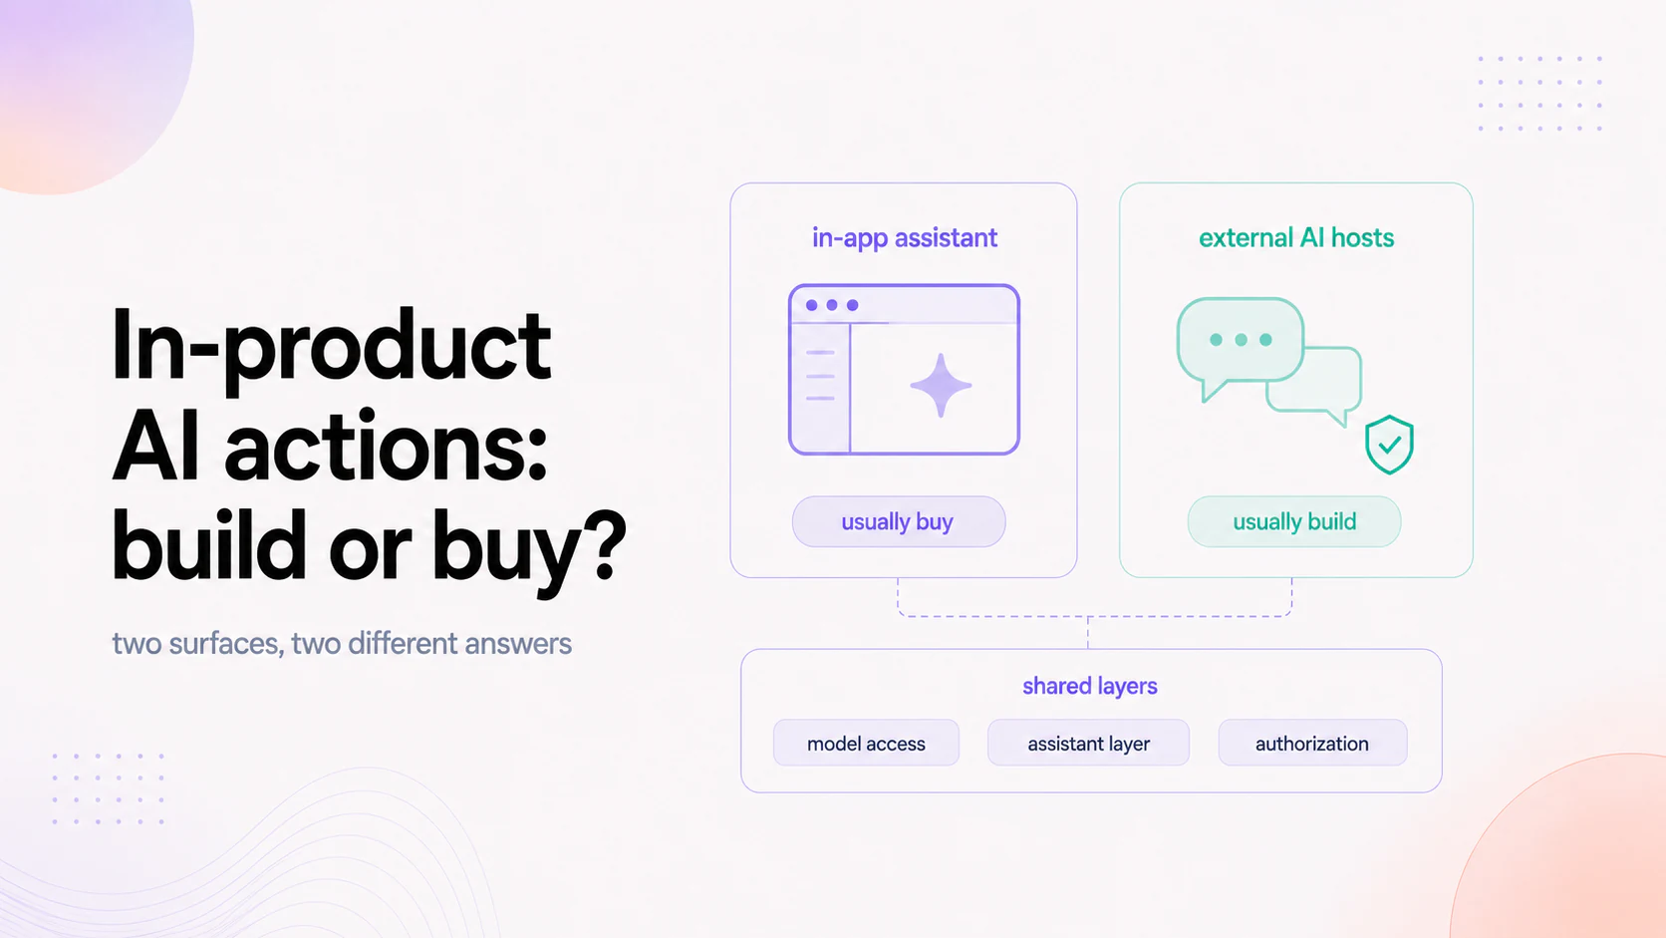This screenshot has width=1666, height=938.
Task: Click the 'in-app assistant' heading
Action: [x=905, y=238]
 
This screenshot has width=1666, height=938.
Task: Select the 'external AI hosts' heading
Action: [x=1295, y=238]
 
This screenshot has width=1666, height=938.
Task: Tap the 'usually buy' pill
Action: [x=899, y=521]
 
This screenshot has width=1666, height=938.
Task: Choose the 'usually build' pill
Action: [x=1294, y=521]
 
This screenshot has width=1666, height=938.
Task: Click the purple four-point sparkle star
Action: [x=941, y=386]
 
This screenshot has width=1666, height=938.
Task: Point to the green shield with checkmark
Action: [x=1389, y=445]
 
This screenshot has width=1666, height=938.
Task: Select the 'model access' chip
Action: [x=867, y=743]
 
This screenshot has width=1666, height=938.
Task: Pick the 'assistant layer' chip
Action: [x=1088, y=743]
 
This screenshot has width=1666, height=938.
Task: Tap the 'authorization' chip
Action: [x=1312, y=743]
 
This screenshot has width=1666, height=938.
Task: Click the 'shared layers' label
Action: [x=1090, y=686]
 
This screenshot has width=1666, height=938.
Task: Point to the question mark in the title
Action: [x=607, y=544]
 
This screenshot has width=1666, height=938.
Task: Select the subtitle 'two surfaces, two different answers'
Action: [x=342, y=643]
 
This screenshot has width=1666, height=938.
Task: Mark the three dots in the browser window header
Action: [x=832, y=305]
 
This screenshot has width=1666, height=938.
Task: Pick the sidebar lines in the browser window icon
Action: [x=820, y=376]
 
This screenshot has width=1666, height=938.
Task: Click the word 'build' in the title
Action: [x=209, y=544]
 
